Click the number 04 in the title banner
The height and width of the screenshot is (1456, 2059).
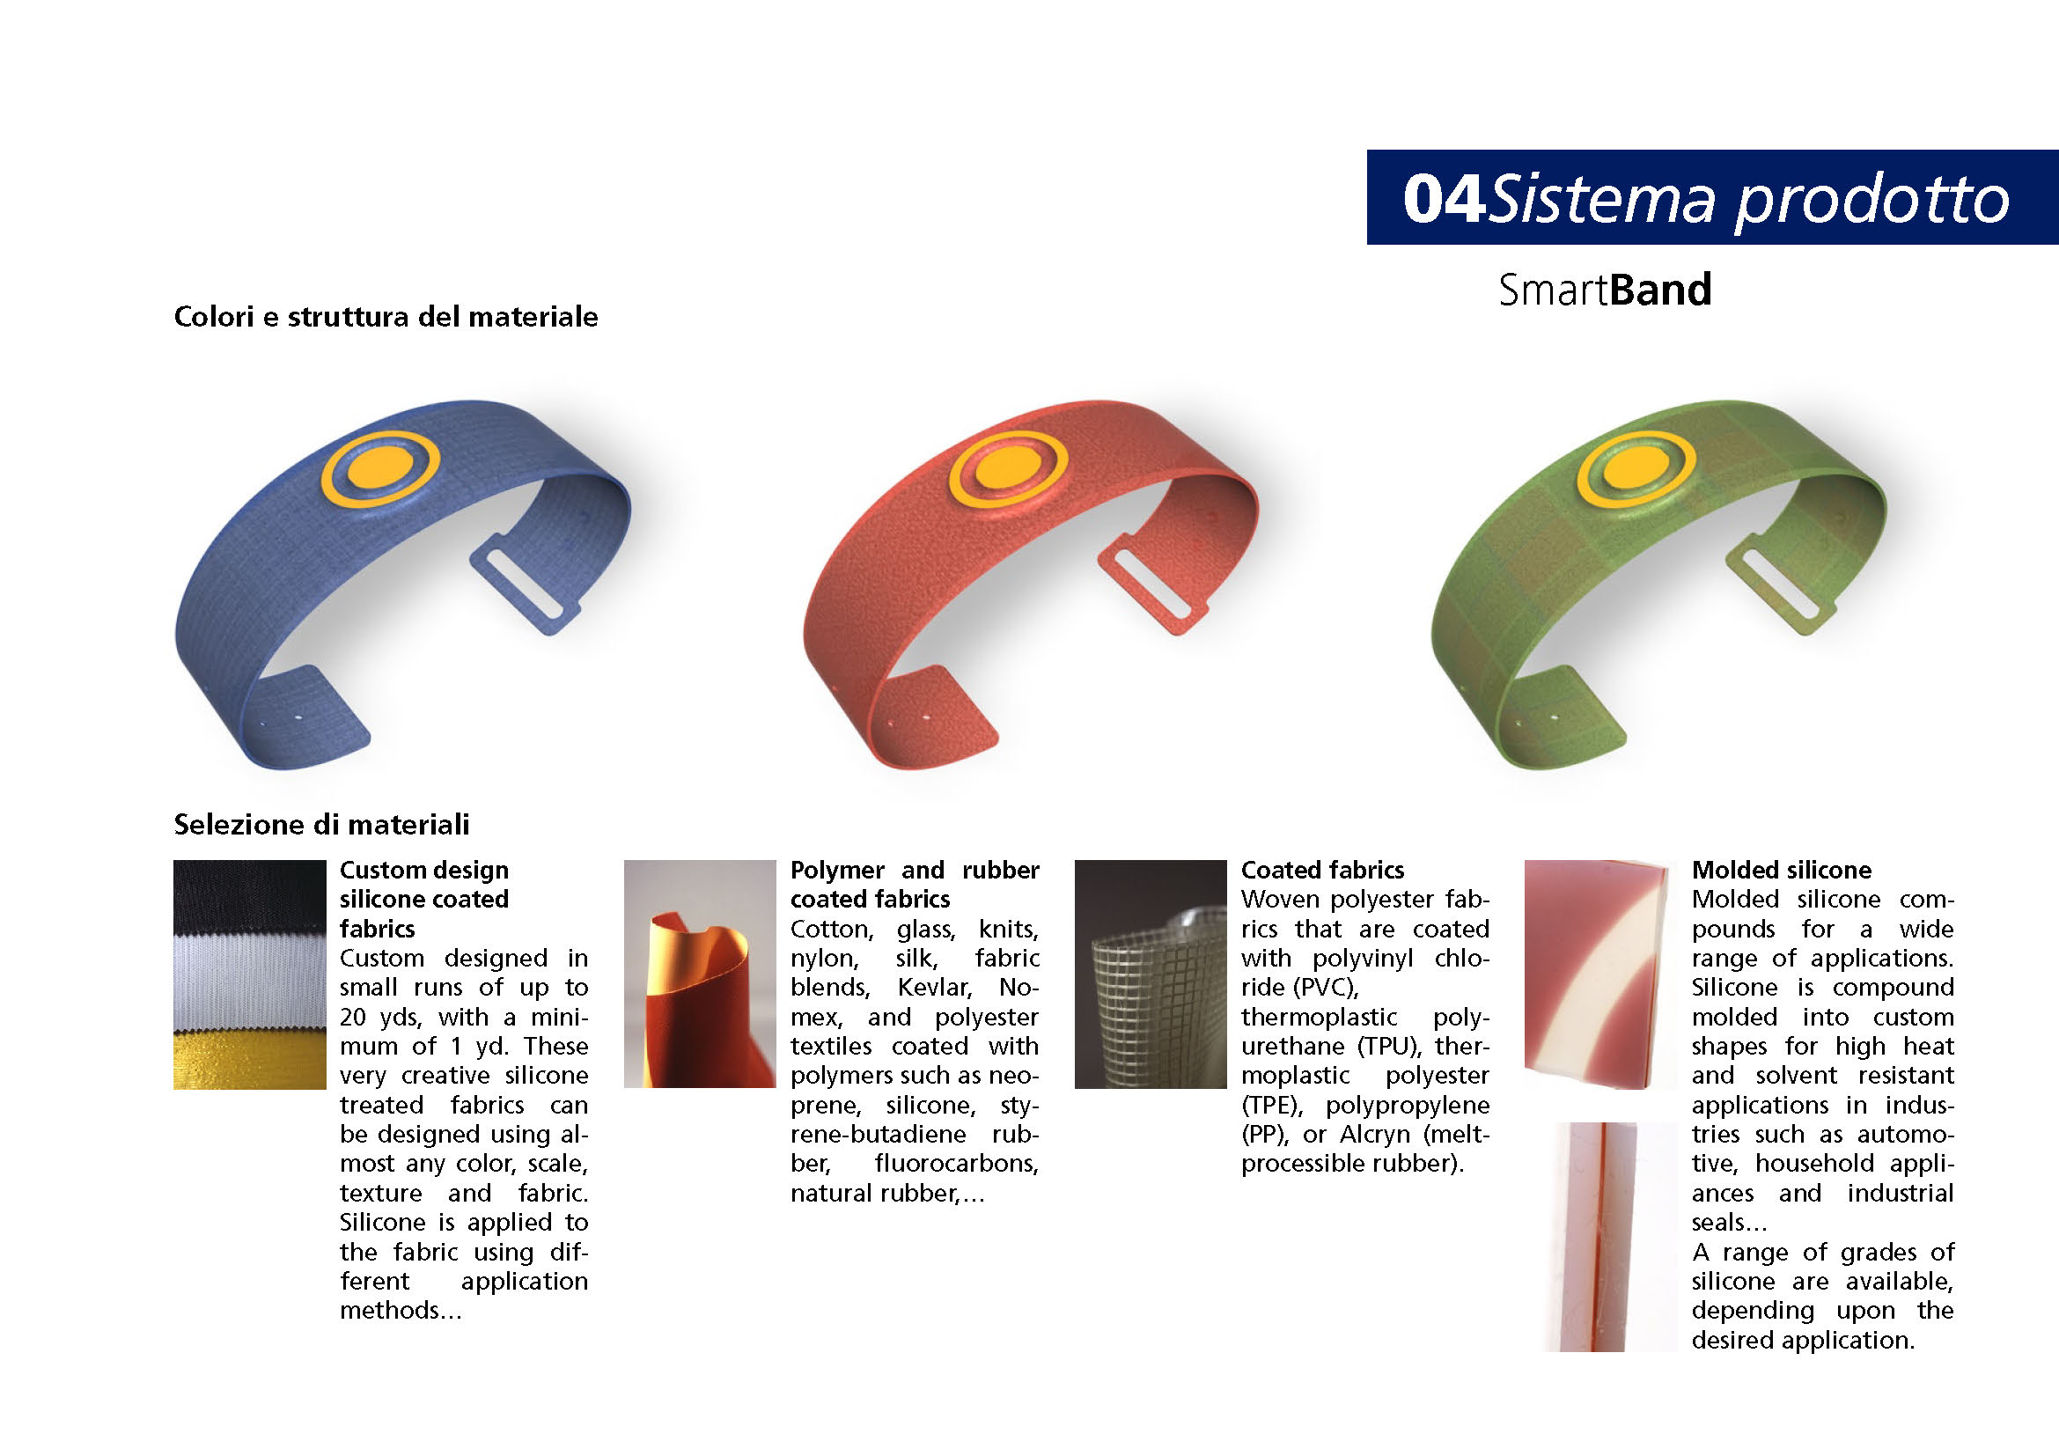[1443, 199]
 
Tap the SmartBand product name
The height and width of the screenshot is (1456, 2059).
[1606, 290]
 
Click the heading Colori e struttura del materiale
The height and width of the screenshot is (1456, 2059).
[386, 317]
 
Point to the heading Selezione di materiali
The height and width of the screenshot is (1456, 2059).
[321, 825]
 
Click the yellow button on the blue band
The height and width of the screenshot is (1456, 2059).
[380, 469]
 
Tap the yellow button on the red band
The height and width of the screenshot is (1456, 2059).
[1008, 469]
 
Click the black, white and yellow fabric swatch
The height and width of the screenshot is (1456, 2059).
[249, 974]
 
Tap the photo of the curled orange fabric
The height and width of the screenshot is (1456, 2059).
[700, 974]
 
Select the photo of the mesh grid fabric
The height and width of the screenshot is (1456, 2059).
[1151, 974]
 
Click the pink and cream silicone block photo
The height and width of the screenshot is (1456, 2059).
[1600, 974]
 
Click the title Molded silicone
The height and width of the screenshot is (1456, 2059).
[1781, 870]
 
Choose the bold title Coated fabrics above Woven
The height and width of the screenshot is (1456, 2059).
[1323, 870]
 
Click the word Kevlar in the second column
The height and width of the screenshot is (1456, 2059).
[936, 987]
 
